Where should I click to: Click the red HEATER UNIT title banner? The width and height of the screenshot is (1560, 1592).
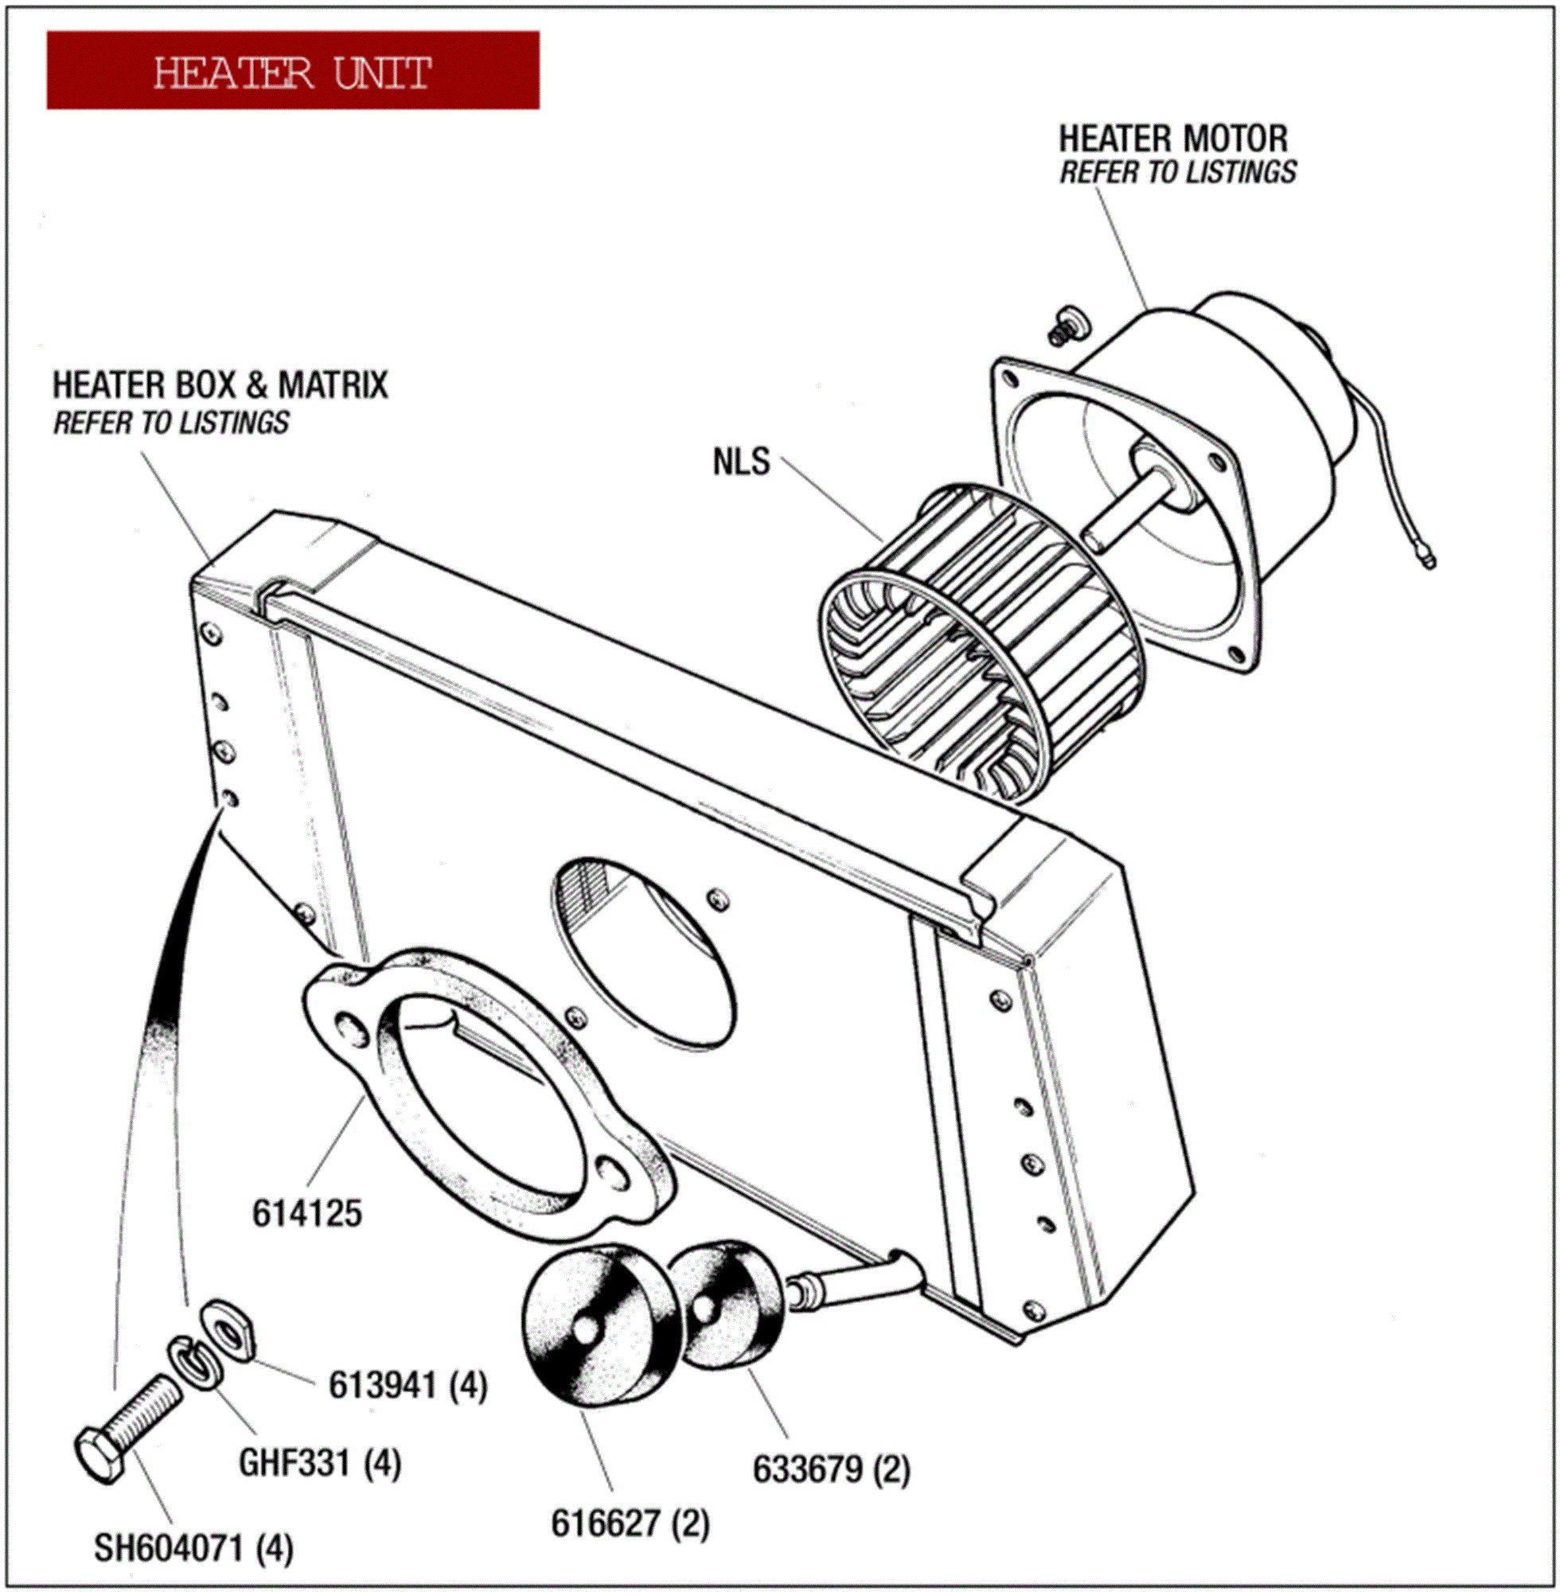[x=293, y=71]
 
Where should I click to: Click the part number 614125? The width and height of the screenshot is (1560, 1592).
[x=306, y=1213]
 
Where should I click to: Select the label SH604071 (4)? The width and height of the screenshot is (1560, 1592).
[x=193, y=1547]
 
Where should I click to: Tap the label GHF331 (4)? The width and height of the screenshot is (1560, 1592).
[x=319, y=1462]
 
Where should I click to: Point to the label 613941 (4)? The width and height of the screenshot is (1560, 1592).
[x=408, y=1386]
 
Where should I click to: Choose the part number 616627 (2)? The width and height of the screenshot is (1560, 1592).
[x=630, y=1524]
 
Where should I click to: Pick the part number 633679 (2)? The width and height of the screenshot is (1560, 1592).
[x=832, y=1469]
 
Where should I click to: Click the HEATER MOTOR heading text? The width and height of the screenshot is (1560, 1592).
[x=1172, y=139]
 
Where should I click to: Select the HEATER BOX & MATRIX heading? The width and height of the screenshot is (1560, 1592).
[x=220, y=385]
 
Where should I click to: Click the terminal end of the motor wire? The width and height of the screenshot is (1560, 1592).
[x=1428, y=561]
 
